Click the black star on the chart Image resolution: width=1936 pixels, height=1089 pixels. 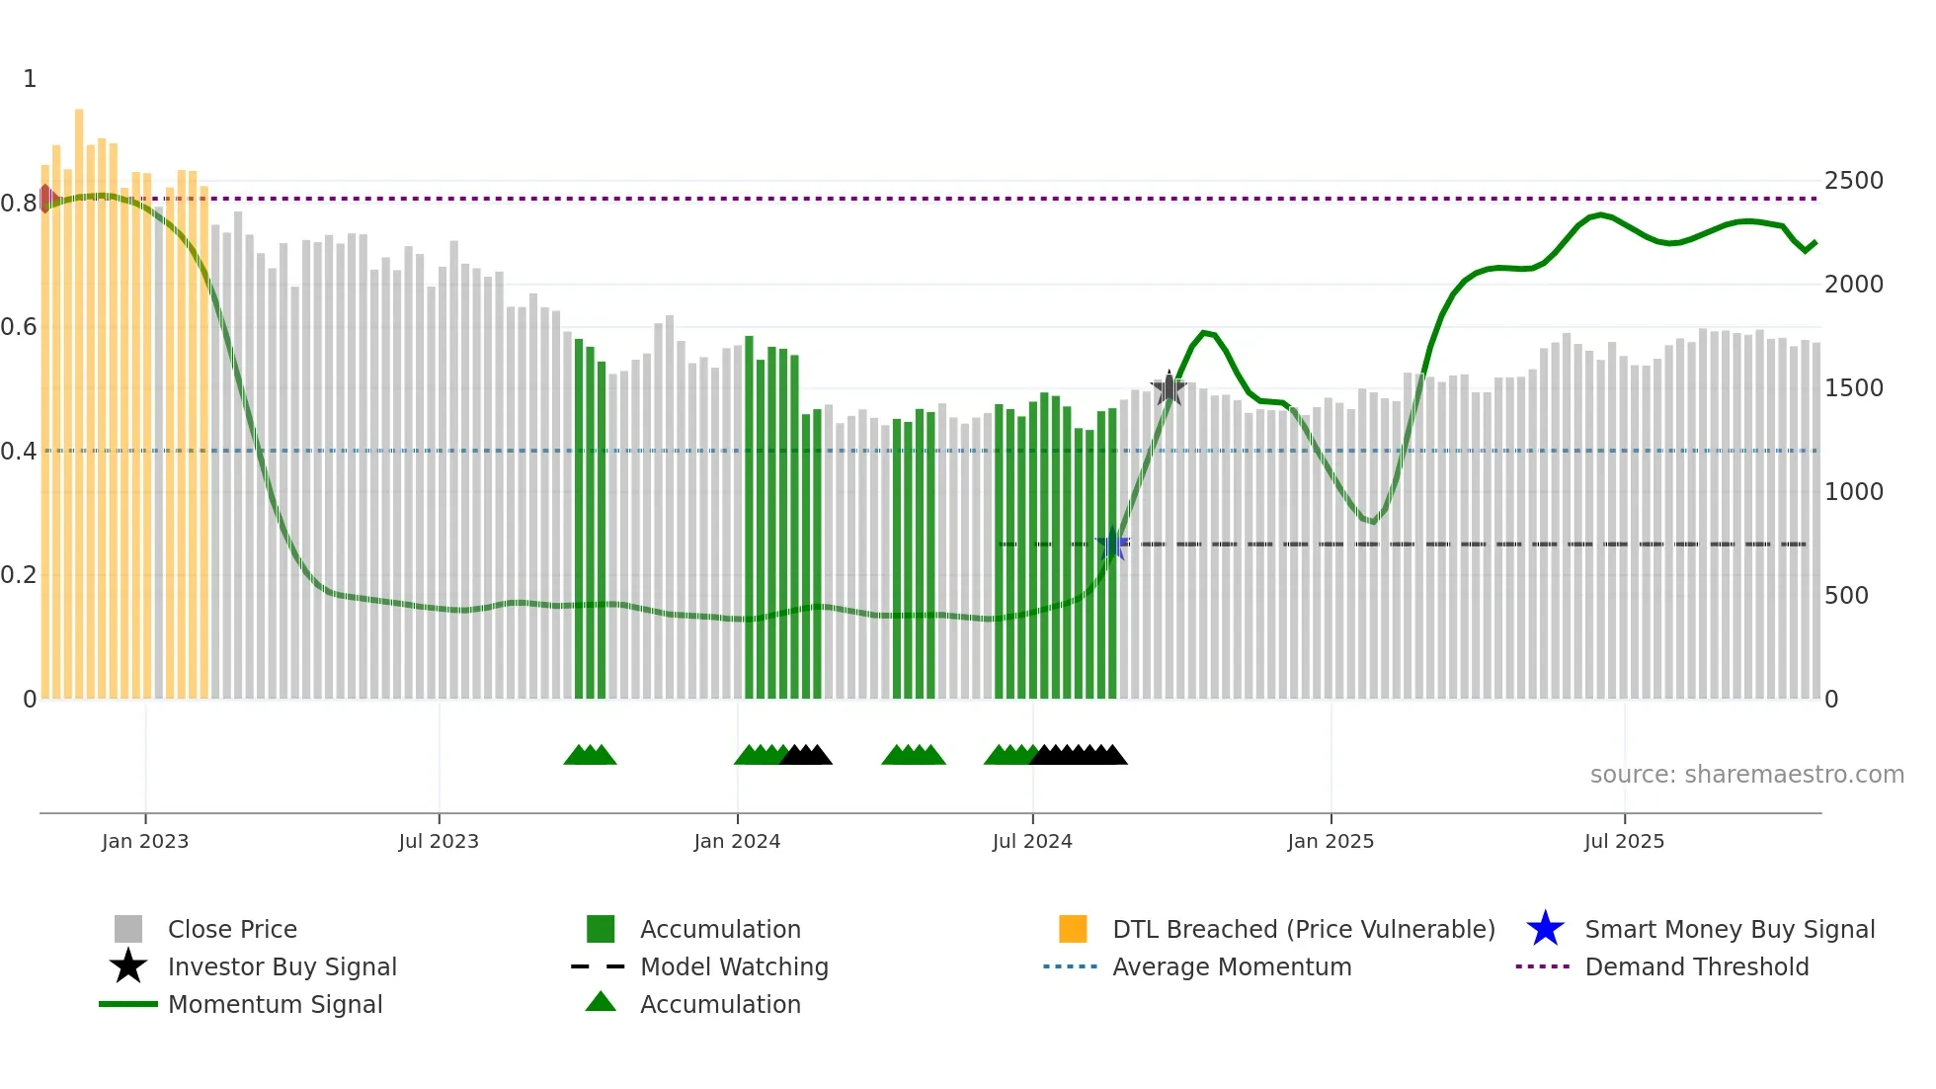tap(1169, 388)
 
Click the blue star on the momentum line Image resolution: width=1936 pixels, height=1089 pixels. tap(1112, 544)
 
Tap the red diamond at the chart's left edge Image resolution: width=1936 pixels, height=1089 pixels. tap(45, 198)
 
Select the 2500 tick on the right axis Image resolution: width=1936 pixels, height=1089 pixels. tap(1853, 181)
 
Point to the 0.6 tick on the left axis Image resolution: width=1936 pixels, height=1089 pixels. tap(19, 326)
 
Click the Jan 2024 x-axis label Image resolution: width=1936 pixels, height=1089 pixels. tap(737, 841)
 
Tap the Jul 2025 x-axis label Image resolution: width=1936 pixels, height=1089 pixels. tap(1624, 841)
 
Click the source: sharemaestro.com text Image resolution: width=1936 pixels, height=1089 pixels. tap(1746, 775)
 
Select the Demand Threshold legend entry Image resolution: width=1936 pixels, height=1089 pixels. tap(1696, 966)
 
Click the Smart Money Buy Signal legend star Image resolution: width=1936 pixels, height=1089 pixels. tap(1545, 929)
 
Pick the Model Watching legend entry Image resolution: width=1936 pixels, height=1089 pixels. tap(733, 966)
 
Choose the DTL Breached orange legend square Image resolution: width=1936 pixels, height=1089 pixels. tap(1073, 929)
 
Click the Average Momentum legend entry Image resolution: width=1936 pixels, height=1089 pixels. tap(1231, 966)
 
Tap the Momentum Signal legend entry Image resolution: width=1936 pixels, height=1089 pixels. tap(275, 1004)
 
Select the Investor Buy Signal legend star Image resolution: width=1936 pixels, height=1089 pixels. tap(128, 966)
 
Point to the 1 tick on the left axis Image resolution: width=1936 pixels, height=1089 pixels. tap(30, 79)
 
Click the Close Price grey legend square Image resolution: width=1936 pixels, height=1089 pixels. tap(128, 929)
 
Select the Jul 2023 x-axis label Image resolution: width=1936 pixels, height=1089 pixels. tap(439, 841)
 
